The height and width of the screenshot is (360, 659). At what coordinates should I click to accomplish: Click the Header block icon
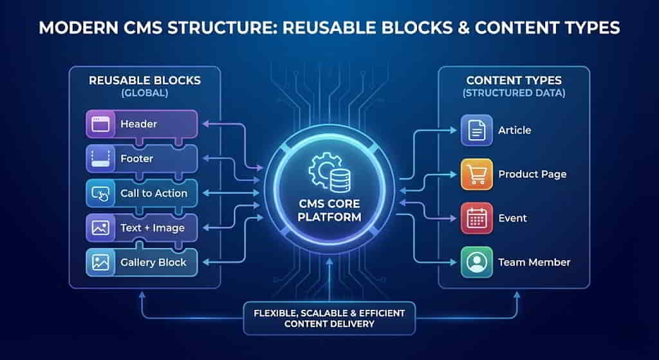[100, 124]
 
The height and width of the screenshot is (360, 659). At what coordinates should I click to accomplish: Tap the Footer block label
[136, 158]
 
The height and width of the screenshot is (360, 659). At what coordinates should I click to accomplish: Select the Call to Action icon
[100, 193]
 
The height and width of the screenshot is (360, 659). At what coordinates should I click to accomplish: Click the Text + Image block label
[152, 228]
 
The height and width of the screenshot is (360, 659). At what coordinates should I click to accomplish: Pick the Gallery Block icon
[100, 263]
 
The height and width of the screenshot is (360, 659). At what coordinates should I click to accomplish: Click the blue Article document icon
[477, 130]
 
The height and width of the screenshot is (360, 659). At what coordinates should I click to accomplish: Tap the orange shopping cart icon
[477, 174]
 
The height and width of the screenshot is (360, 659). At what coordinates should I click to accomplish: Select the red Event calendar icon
[477, 218]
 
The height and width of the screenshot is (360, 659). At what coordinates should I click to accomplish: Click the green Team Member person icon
[477, 262]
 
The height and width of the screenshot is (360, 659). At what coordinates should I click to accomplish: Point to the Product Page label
[532, 175]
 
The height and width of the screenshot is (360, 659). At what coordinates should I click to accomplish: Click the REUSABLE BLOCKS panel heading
[144, 81]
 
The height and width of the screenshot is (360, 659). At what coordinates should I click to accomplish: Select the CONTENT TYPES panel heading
[514, 81]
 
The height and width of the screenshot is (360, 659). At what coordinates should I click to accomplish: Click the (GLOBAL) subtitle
[144, 93]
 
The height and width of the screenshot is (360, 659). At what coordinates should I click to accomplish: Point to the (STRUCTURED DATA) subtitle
[514, 93]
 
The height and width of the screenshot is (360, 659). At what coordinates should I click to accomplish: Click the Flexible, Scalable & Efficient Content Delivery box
[329, 318]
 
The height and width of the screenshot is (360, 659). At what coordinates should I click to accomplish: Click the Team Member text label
[534, 262]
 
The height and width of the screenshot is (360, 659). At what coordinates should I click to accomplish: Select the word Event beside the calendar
[512, 218]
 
